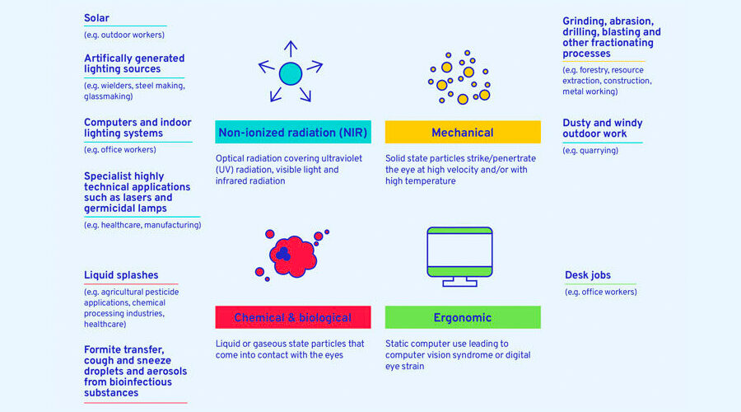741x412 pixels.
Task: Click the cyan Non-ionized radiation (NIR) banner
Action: (293, 132)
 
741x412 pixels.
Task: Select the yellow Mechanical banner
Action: (463, 132)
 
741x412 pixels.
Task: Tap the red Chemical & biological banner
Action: (293, 317)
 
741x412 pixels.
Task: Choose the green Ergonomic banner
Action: (463, 317)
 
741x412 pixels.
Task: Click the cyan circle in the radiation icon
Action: (291, 74)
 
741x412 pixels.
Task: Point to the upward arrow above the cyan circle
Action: (291, 49)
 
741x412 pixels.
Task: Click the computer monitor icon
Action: (459, 257)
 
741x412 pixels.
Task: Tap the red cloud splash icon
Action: (293, 256)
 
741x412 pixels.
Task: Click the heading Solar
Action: (96, 18)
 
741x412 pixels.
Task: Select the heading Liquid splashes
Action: (121, 275)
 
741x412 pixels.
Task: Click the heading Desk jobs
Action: (587, 275)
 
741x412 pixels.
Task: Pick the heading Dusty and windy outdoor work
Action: (602, 129)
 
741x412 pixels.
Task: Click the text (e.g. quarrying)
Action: (590, 151)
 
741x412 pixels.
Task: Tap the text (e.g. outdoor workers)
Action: (124, 35)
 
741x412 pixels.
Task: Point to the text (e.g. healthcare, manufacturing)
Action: (142, 225)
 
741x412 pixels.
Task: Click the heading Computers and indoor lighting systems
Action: (137, 128)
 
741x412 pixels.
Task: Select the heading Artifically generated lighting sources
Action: (134, 63)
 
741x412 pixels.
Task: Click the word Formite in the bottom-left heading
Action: (100, 350)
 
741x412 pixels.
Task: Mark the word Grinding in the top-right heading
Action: (584, 21)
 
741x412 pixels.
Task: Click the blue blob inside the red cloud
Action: (283, 254)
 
